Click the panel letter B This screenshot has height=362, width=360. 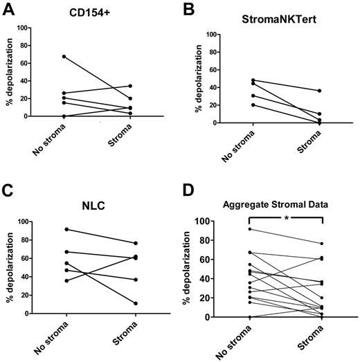198,8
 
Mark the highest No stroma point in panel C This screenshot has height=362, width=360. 66,229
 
